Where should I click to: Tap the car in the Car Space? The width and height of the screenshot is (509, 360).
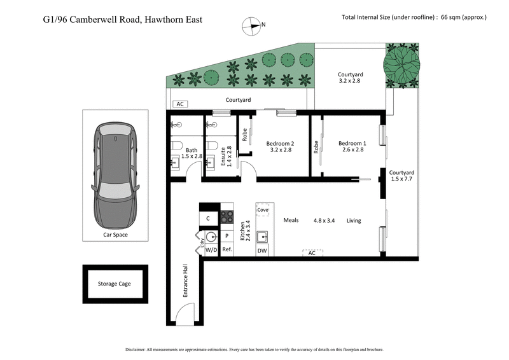coord(116,175)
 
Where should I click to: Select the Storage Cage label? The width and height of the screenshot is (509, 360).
coord(115,284)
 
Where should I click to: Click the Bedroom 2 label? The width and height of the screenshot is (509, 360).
coord(281,147)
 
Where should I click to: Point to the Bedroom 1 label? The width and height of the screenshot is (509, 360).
coord(352,147)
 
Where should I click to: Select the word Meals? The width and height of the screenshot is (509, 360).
coord(291,221)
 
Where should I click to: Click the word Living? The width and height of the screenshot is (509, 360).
coord(354,221)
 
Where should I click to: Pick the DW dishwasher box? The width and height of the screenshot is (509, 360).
coord(262,251)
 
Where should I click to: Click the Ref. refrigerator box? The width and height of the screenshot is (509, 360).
coord(227,251)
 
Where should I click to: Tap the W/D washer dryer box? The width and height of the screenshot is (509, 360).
coord(211,251)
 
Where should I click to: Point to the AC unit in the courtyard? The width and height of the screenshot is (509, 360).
coord(180,104)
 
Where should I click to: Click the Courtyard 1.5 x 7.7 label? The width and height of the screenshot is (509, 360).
coord(402,176)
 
